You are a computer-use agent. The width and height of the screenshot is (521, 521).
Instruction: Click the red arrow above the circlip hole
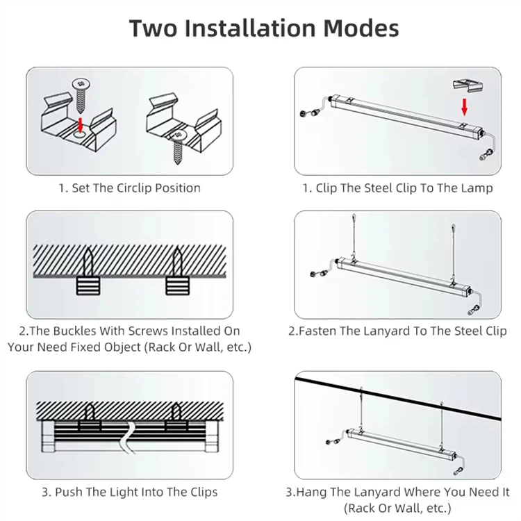pyautogui.click(x=81, y=124)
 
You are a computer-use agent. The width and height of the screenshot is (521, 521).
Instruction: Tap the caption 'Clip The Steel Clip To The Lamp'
pyautogui.click(x=397, y=188)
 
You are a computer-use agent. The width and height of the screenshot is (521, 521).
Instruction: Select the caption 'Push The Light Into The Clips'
pyautogui.click(x=129, y=492)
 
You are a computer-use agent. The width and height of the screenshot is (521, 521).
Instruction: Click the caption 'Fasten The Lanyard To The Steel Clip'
pyautogui.click(x=397, y=331)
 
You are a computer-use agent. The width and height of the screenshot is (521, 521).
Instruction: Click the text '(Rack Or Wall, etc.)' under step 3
pyautogui.click(x=397, y=508)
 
